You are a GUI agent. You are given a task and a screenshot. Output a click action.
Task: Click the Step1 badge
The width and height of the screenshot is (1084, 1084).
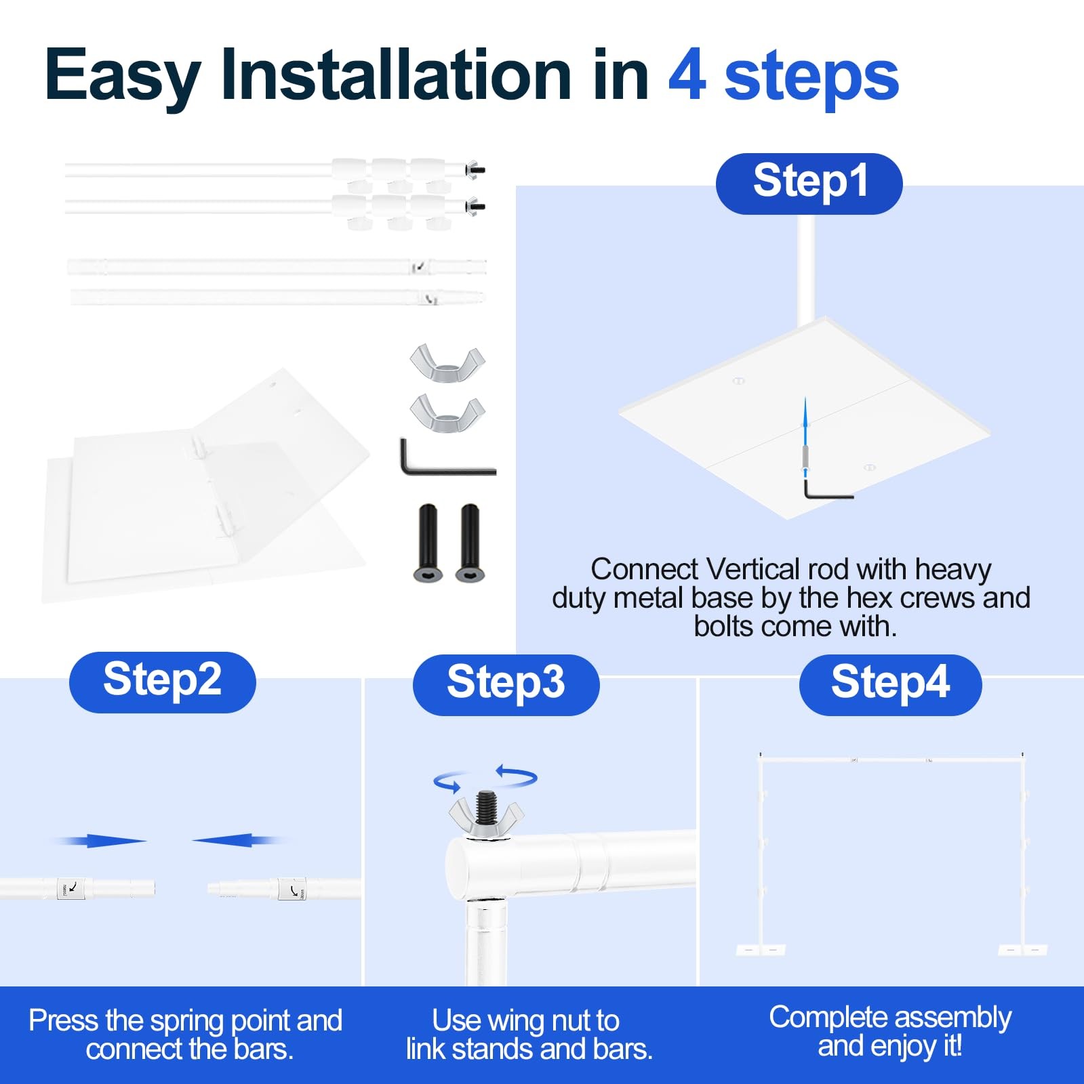[x=809, y=184]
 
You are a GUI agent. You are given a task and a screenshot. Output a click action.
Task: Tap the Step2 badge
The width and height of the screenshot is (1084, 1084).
[x=163, y=682]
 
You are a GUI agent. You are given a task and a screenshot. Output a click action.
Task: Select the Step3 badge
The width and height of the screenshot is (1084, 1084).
[x=506, y=685]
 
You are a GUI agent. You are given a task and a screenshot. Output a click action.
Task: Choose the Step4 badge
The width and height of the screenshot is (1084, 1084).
[x=890, y=685]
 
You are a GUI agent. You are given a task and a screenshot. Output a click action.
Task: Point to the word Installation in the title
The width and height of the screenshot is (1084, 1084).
[x=397, y=75]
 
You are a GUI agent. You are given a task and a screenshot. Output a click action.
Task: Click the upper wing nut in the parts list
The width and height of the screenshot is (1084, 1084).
[x=447, y=362]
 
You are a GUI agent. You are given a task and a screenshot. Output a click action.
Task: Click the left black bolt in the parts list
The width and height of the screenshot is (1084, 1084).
[x=428, y=543]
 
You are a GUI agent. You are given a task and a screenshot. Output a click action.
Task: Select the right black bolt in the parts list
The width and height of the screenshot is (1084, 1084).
[x=470, y=543]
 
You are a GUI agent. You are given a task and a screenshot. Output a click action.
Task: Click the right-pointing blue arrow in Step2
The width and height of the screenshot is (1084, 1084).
[x=98, y=841]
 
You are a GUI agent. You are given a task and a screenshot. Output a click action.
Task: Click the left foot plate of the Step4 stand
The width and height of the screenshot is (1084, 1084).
[x=761, y=950]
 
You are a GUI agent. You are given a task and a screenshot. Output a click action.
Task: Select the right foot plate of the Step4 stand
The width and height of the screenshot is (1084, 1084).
[x=1023, y=950]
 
